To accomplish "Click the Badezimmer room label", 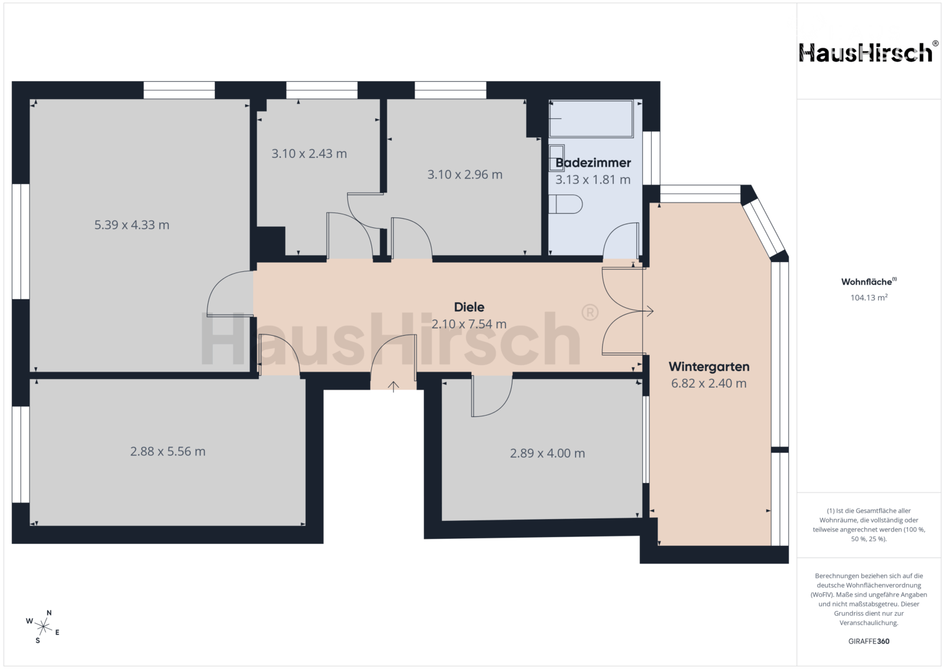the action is (593, 162).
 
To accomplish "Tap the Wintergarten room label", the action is (709, 367).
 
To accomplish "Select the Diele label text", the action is (469, 307).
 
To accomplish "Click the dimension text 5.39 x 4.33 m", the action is (132, 225).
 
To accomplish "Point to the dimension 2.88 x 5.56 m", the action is (168, 452).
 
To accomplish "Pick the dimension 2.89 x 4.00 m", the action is (547, 453).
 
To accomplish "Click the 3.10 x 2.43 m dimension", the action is (309, 154).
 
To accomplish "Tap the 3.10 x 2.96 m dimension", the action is (465, 175).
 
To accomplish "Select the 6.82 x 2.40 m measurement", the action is (709, 383).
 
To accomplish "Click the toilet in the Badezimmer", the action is (565, 204).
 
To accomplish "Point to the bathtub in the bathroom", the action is (591, 119).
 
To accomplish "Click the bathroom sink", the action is (556, 157).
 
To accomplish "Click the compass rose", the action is (43, 626).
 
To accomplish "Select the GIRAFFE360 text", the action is (869, 641).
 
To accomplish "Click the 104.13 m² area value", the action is (869, 297).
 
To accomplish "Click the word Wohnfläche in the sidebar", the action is (866, 282).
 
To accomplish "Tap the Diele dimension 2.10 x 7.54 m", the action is (468, 324).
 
